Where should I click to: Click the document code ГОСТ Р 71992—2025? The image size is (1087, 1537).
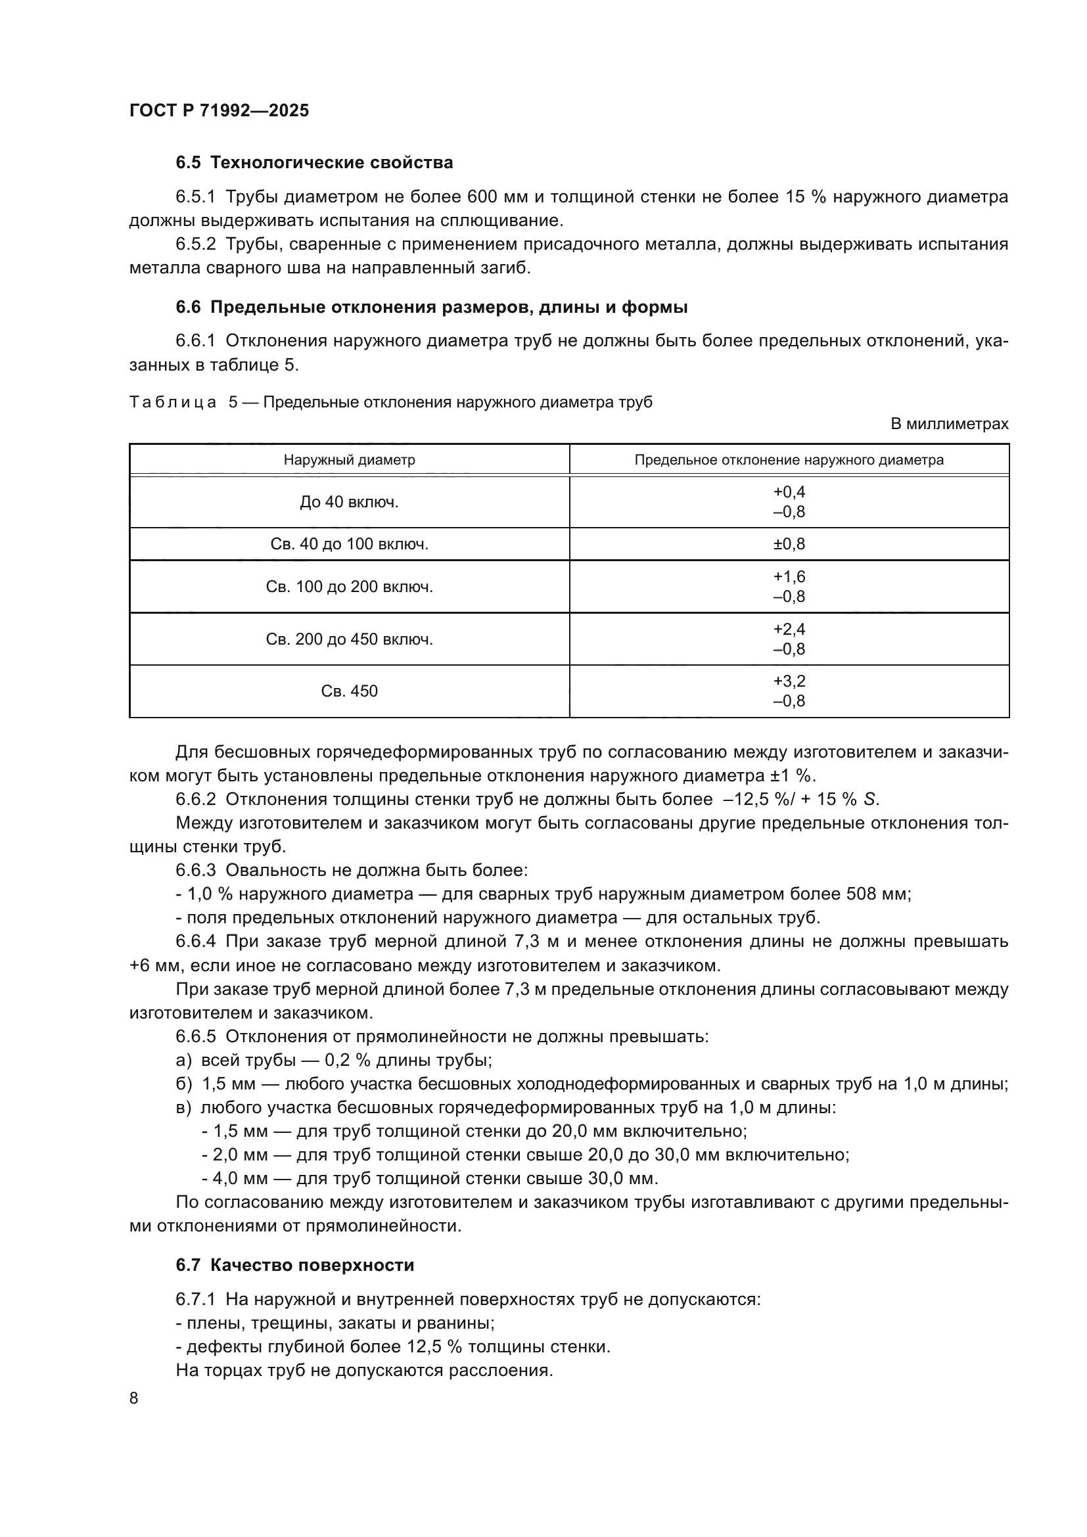coord(219,110)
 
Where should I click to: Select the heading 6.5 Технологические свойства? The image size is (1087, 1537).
coord(314,163)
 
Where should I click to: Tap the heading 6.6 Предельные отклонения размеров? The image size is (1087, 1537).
coord(432,308)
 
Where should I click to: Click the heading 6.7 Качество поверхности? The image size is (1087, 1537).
coord(294,1265)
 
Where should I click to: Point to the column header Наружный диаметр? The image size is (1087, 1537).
coord(349,460)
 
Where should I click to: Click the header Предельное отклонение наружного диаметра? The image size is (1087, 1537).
coord(789,460)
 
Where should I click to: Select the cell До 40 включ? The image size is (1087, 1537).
coord(349,502)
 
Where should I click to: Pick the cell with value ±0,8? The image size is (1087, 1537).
coord(789,544)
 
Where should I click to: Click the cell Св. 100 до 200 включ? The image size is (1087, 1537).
coord(349,587)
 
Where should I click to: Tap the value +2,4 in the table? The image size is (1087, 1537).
coord(789,630)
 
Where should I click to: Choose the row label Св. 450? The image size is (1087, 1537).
coord(349,691)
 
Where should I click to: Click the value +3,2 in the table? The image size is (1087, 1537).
coord(789,681)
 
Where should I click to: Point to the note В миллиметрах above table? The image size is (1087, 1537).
coord(949,424)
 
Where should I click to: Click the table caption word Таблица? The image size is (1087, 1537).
coord(173,402)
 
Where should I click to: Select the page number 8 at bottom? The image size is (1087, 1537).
coord(134,1398)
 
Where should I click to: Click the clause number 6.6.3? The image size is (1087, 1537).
coord(195,870)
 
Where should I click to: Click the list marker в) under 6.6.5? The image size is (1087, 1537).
coord(183,1108)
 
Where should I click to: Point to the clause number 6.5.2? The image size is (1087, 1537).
coord(195,244)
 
